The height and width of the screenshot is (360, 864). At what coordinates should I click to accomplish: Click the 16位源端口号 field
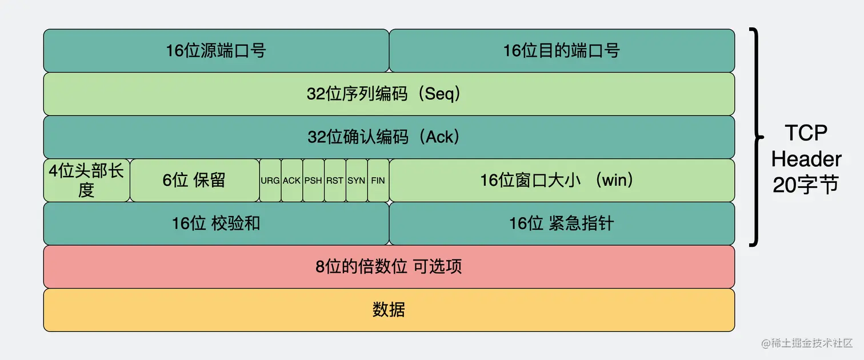click(216, 50)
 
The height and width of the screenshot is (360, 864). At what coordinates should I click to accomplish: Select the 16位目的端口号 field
click(561, 50)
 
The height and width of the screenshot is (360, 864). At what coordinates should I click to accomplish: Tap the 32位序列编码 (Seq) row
click(389, 94)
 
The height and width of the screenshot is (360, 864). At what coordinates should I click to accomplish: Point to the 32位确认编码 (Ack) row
click(389, 137)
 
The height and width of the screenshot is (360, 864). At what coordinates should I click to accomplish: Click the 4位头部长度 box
click(86, 180)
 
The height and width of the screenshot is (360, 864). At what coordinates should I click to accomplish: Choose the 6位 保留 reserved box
click(194, 180)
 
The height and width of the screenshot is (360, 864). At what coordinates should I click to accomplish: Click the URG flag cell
click(270, 180)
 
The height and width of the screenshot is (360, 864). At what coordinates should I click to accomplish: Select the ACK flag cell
click(291, 180)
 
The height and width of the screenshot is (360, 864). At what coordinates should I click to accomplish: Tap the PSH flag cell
click(313, 180)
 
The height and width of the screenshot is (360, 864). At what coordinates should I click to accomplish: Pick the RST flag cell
click(335, 180)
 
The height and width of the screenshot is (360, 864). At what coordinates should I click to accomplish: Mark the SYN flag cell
click(357, 180)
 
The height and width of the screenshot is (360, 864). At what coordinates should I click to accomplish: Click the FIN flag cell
click(378, 180)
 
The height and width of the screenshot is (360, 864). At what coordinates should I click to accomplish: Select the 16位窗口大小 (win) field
click(561, 180)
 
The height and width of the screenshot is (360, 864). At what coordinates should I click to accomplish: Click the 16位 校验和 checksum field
click(216, 223)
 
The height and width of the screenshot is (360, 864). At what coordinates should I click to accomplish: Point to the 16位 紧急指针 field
click(561, 223)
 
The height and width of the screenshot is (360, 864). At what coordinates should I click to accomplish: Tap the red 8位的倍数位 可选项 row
click(389, 266)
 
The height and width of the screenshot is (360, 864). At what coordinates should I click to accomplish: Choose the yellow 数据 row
click(389, 310)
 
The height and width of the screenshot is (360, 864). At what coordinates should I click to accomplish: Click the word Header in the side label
click(806, 159)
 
